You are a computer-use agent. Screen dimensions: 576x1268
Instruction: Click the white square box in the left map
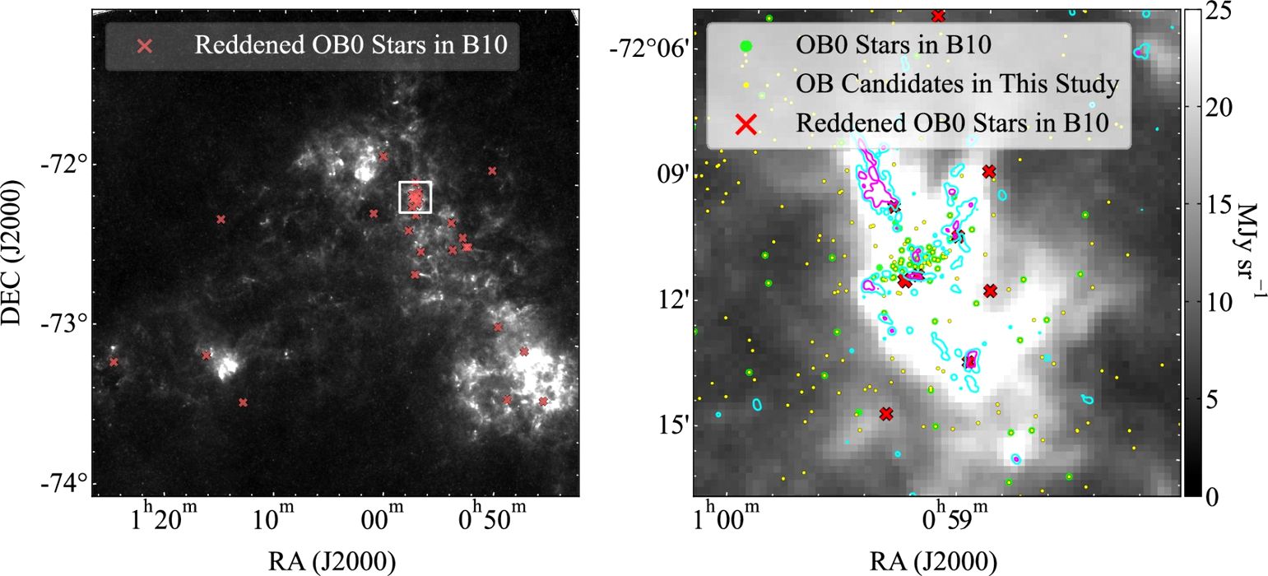pyautogui.click(x=415, y=197)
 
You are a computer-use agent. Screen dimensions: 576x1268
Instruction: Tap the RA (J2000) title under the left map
pyautogui.click(x=332, y=562)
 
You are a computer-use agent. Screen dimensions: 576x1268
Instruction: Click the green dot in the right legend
pyautogui.click(x=745, y=45)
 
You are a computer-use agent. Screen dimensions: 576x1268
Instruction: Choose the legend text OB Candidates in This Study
pyautogui.click(x=957, y=84)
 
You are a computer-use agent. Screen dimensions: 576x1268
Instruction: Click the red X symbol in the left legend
pyautogui.click(x=146, y=45)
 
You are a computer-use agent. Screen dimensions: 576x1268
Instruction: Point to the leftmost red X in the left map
pyautogui.click(x=114, y=362)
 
